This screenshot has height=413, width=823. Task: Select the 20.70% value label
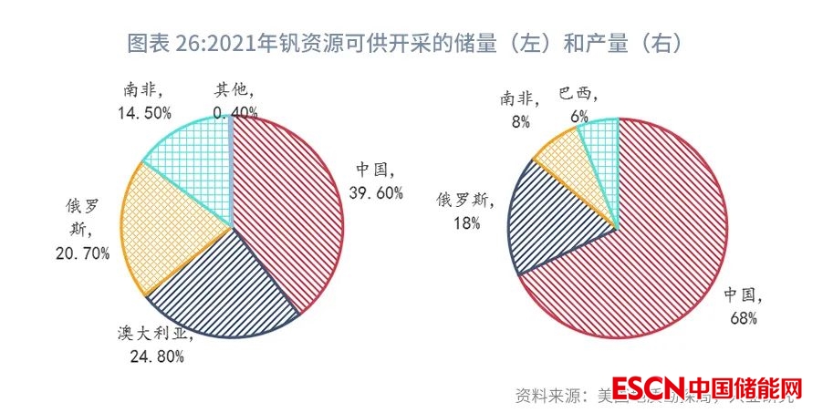tap(81, 253)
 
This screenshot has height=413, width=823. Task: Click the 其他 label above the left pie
tap(234, 90)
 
